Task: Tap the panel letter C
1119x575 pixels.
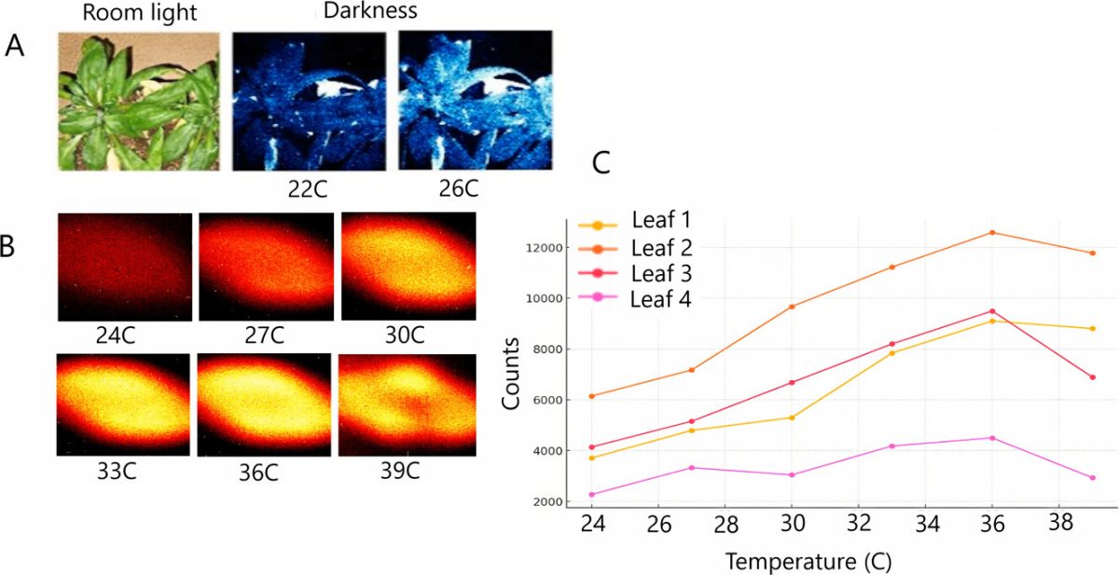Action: pyautogui.click(x=601, y=162)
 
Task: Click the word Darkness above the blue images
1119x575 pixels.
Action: pyautogui.click(x=369, y=11)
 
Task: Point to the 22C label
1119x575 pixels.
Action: pyautogui.click(x=309, y=189)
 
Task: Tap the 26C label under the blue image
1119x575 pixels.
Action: pyautogui.click(x=458, y=189)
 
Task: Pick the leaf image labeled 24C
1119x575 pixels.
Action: pyautogui.click(x=124, y=267)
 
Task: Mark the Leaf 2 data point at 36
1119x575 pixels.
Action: pyautogui.click(x=992, y=232)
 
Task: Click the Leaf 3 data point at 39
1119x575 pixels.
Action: pyautogui.click(x=1092, y=377)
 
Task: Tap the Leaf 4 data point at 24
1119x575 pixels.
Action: pyautogui.click(x=591, y=495)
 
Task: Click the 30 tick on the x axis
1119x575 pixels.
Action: pyautogui.click(x=792, y=525)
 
